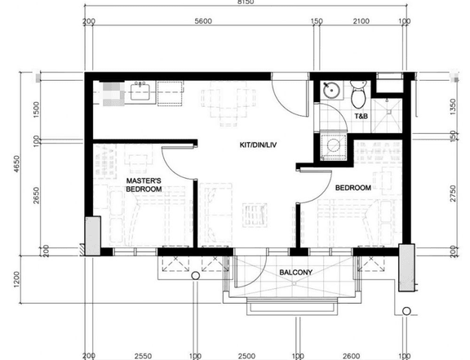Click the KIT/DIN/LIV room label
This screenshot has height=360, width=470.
[258, 145]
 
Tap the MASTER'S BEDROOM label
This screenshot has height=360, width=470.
[144, 185]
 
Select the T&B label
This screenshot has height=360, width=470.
[361, 116]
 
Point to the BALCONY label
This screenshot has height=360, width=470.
[296, 273]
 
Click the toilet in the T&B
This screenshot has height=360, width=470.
[358, 94]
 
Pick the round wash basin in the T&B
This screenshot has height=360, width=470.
[331, 90]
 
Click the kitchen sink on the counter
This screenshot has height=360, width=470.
[140, 91]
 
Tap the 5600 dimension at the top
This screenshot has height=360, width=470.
[203, 21]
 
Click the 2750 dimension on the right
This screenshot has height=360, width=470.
[453, 193]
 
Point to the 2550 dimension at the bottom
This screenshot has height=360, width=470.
[143, 356]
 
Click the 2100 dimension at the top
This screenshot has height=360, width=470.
[361, 21]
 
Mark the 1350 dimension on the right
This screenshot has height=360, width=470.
[453, 107]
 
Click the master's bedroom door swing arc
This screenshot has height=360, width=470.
[171, 170]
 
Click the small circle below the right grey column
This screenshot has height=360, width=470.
[406, 311]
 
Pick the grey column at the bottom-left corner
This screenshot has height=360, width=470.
[93, 236]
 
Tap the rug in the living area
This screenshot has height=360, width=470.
[255, 215]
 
